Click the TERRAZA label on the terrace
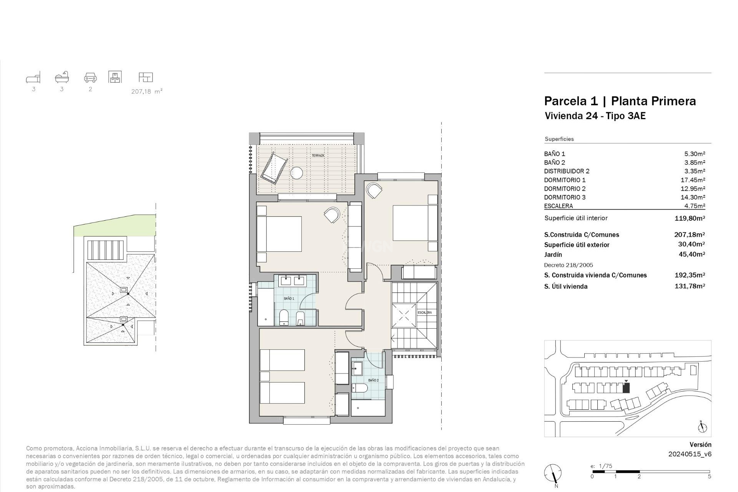point(318,156)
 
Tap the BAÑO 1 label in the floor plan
point(289,299)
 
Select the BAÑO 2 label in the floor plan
point(373,380)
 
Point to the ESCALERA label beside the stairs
point(424,312)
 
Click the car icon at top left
point(90,78)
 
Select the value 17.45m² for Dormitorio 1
point(695,180)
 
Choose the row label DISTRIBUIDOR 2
point(567,171)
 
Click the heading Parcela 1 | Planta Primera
point(620,101)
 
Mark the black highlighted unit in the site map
point(626,388)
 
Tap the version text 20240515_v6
point(690,454)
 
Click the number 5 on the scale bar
point(709,477)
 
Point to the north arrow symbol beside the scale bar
point(552,473)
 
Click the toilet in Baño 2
point(359,388)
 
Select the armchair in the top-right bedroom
point(374,190)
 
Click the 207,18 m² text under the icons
point(146,91)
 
